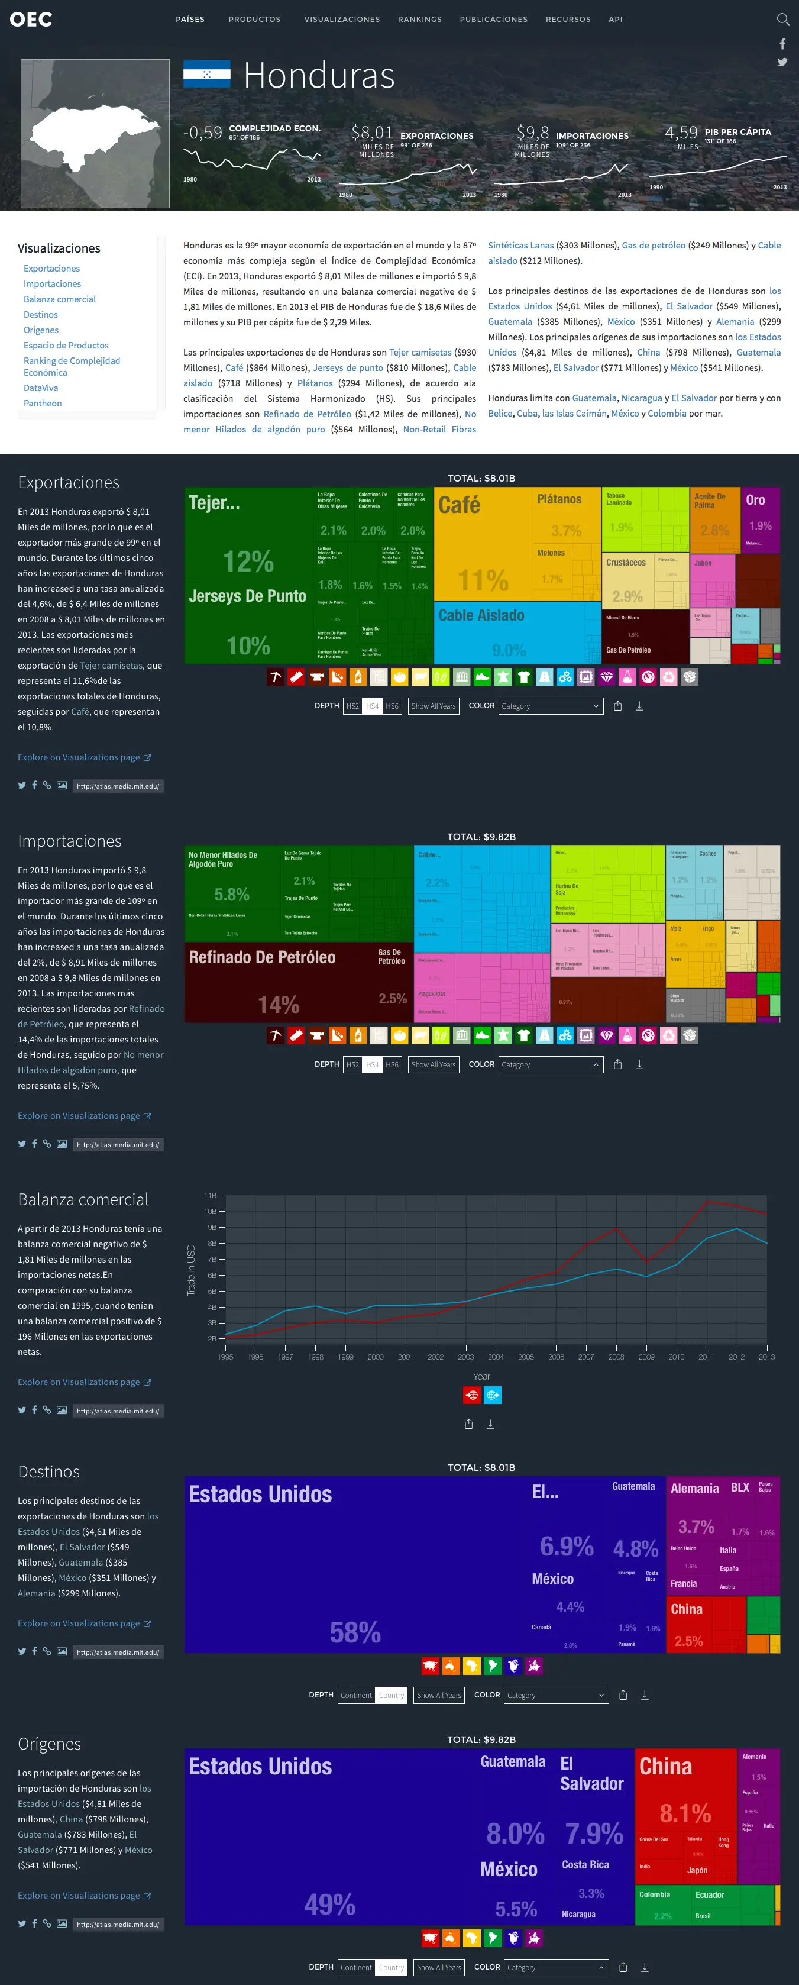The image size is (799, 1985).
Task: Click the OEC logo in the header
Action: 31,20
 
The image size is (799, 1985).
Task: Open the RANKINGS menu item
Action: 419,20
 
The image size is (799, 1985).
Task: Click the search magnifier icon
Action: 783,20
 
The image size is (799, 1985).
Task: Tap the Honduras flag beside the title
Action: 206,74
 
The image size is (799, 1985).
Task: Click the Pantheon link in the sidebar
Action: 43,403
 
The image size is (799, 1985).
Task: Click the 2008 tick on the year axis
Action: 616,1357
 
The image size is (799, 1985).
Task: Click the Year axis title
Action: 481,1376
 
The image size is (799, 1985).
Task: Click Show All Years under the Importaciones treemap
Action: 433,1064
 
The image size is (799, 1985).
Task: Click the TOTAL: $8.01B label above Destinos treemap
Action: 481,1467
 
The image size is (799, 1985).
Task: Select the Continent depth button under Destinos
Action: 356,1695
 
